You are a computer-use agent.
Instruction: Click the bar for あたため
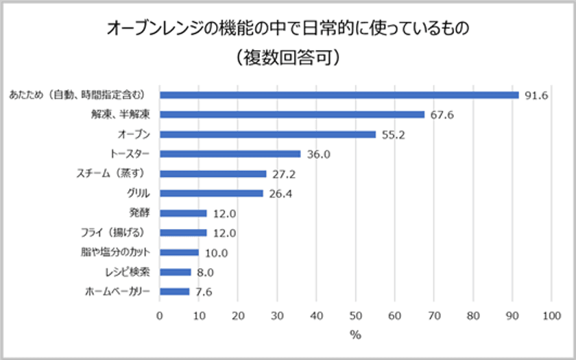[339, 95]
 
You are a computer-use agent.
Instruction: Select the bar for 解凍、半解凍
[292, 115]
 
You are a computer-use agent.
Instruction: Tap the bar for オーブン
[268, 134]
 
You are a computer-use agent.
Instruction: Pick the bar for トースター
[230, 154]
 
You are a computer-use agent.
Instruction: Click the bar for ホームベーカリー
[175, 291]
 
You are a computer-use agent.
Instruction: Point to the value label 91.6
[536, 95]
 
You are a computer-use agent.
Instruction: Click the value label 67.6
[442, 115]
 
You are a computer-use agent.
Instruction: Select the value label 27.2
[283, 174]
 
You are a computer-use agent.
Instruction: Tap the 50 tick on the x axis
[355, 315]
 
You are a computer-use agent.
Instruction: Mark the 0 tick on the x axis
[160, 315]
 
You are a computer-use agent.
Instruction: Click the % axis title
[355, 335]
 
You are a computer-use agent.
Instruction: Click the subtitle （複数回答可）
[287, 58]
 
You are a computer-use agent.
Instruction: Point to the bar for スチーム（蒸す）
[213, 173]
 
